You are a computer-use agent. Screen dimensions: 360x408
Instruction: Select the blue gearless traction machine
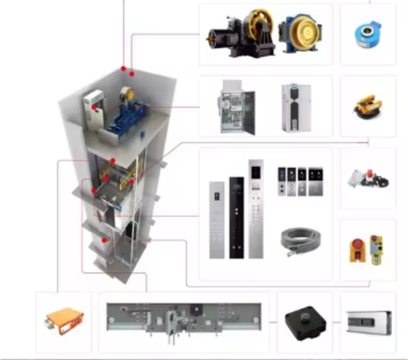(300, 34)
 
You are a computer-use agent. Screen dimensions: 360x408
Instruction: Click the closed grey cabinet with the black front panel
(296, 108)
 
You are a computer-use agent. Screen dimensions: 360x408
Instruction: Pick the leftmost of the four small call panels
(281, 182)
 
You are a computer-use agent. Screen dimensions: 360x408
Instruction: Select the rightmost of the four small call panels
(316, 182)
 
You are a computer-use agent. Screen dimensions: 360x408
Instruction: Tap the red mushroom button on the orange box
(356, 246)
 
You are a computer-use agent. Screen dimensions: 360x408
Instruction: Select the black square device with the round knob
(303, 320)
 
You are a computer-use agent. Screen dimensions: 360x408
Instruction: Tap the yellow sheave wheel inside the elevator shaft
(127, 95)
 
